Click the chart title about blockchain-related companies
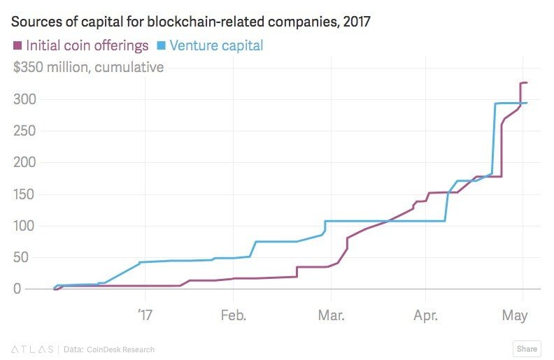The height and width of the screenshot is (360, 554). pos(191,22)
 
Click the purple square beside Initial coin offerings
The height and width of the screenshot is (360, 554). pos(17,46)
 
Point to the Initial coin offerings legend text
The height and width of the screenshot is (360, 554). pos(87,46)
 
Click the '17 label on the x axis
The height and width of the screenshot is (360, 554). pos(143,315)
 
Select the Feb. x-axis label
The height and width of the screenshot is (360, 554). pos(233,315)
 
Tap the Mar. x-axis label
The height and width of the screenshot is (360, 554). pos(332,315)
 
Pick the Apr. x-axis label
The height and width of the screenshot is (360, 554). pos(425,315)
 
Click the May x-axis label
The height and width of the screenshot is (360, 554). pos(514,315)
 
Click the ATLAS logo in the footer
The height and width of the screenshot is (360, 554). pos(32,349)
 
